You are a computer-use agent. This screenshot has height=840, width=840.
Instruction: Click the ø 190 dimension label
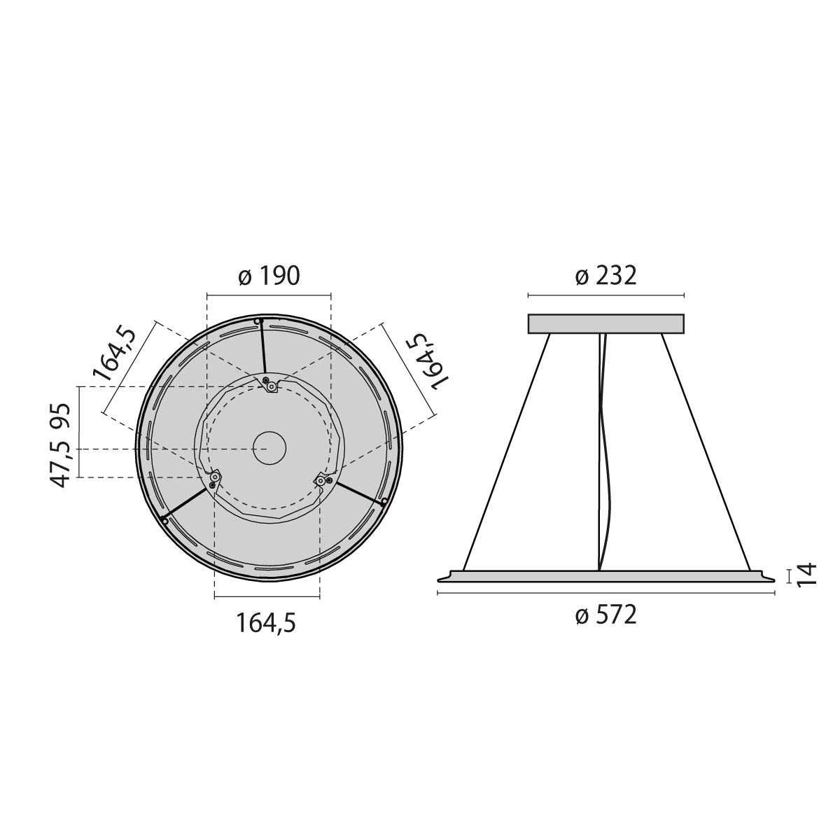[269, 276]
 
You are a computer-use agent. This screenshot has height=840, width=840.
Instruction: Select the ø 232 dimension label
[605, 276]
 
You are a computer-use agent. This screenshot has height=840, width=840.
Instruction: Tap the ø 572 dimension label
[605, 615]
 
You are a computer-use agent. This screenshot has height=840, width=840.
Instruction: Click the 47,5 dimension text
[61, 462]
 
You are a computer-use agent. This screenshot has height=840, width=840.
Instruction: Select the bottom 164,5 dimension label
[266, 622]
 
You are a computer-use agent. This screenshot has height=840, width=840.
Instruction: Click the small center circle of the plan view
[269, 448]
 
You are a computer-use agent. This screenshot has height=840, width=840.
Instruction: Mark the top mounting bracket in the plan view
[270, 385]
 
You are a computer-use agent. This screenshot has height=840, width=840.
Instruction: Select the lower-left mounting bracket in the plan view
[213, 478]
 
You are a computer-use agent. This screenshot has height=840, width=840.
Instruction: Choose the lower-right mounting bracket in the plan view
[322, 479]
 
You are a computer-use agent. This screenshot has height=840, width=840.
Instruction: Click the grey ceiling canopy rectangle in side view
[605, 323]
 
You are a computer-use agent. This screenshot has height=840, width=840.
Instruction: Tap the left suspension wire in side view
[506, 451]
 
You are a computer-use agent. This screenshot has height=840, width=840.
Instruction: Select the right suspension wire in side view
[706, 451]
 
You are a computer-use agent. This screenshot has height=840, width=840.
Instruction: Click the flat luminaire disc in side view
[605, 575]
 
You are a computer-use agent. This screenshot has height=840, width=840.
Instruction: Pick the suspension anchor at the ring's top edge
[258, 322]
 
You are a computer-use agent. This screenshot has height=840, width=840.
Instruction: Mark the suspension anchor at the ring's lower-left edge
[164, 520]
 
